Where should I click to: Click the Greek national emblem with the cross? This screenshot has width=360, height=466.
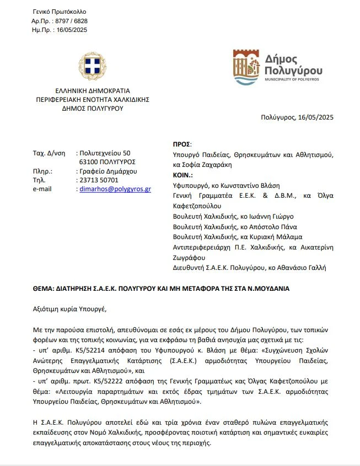point(88,67)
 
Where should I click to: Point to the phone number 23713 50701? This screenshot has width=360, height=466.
point(99,180)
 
